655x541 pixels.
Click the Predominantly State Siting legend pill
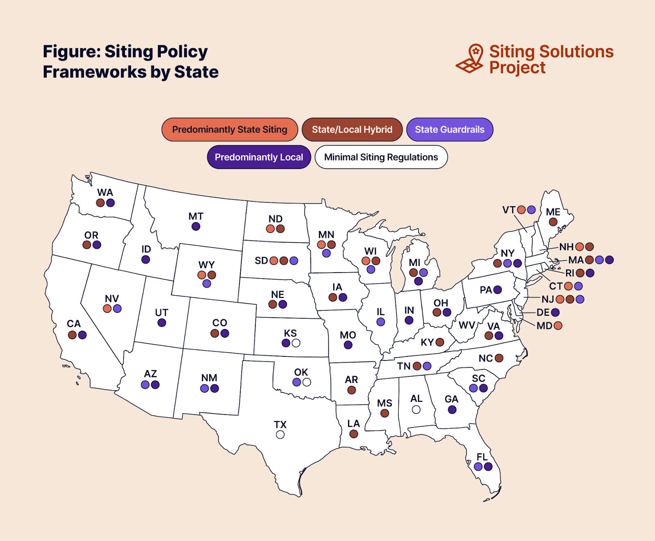point(230,130)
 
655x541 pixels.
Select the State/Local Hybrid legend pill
point(352,130)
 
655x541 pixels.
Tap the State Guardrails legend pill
point(449,130)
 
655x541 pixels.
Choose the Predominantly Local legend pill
point(259,157)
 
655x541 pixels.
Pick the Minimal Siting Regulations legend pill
point(381,157)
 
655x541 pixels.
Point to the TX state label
point(280,425)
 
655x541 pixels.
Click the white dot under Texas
point(280,435)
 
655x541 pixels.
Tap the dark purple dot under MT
point(196,226)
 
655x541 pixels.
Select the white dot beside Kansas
point(296,343)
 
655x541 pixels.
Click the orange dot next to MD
point(558,326)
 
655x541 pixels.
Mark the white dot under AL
point(416,409)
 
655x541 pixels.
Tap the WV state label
point(467,325)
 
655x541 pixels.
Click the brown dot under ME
point(553,222)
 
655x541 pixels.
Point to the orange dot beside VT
point(521,210)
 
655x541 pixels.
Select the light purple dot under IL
point(381,322)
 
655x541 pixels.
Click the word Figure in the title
point(71,52)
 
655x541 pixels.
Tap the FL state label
point(482,457)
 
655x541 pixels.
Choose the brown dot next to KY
point(440,342)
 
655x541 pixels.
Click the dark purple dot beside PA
point(498,290)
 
